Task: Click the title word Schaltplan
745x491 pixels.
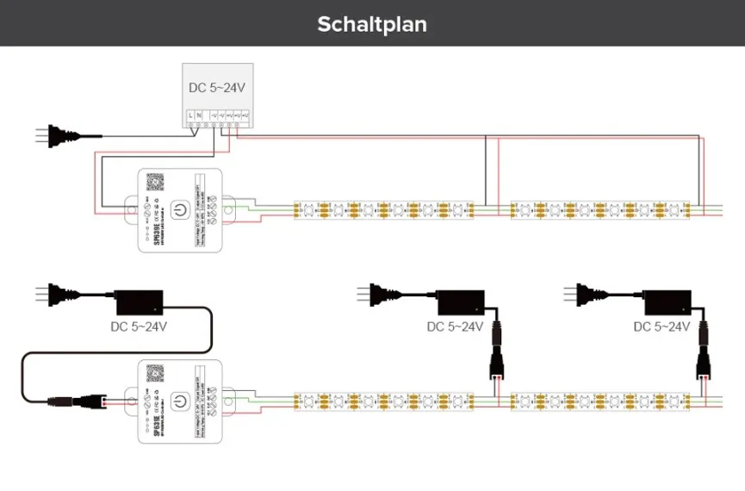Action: (x=372, y=23)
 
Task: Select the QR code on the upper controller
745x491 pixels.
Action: (x=155, y=182)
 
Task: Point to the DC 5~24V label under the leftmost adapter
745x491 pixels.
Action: (x=139, y=326)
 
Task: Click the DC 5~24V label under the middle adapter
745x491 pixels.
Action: (x=456, y=326)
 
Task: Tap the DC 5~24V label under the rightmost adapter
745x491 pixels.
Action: (x=661, y=326)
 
